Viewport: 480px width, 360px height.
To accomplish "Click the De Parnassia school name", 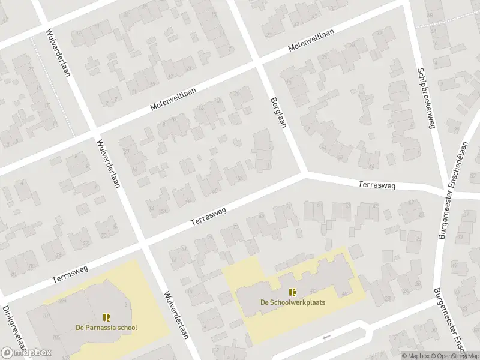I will (106, 328).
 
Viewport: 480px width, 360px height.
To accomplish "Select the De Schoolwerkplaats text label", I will (292, 302).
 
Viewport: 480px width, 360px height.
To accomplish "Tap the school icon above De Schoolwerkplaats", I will (292, 292).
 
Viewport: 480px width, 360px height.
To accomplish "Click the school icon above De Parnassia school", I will (106, 317).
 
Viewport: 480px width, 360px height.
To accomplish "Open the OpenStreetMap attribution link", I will (454, 356).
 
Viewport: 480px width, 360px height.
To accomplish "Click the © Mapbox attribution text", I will (416, 356).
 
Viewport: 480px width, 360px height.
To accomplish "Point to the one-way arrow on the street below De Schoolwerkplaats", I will (326, 337).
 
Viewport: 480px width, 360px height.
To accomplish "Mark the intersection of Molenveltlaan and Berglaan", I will (259, 62).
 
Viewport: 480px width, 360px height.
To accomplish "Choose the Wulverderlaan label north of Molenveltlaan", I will (56, 53).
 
